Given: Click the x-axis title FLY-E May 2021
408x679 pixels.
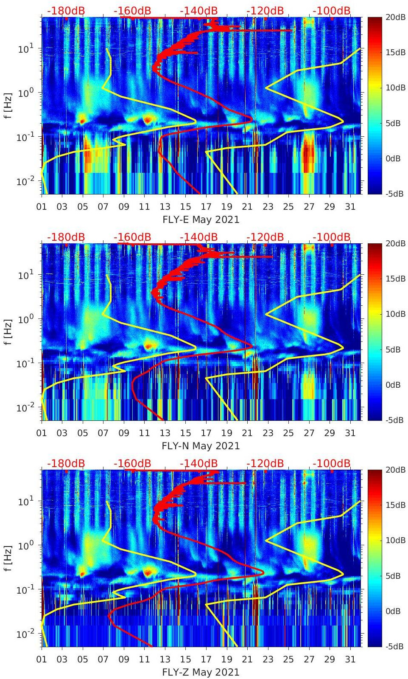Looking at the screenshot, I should point(201,220).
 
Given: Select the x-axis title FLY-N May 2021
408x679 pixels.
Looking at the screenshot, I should point(201,446).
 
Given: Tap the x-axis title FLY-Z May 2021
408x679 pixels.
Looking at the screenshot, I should point(201,672).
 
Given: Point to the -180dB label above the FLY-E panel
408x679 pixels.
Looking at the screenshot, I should point(66,11).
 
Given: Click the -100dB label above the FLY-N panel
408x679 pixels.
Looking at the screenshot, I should point(331,237).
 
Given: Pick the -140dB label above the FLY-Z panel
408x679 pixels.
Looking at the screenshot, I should point(198,463).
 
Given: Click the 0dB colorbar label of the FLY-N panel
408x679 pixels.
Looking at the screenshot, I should point(393,385).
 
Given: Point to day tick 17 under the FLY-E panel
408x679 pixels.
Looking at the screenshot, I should point(206,207).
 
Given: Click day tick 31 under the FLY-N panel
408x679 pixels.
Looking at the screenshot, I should point(350,433).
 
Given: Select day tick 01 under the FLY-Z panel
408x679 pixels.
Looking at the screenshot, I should point(42,659).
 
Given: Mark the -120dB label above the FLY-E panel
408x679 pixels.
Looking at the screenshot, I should point(265,11).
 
